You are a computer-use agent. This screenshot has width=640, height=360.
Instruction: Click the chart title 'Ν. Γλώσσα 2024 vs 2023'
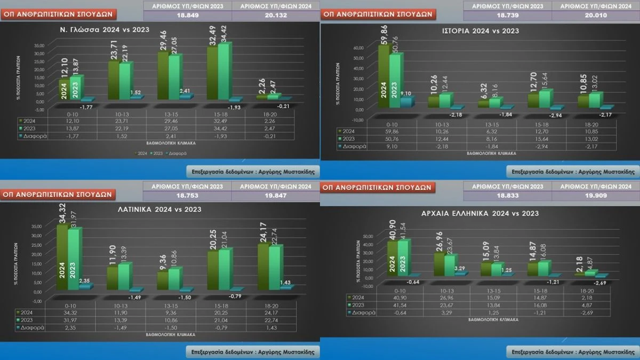(105, 29)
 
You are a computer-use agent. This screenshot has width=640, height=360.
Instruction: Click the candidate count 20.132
(276, 15)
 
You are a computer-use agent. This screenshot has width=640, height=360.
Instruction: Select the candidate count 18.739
(507, 15)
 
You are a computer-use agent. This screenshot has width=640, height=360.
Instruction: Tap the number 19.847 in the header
(276, 196)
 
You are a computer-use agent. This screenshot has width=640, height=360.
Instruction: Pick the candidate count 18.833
(507, 196)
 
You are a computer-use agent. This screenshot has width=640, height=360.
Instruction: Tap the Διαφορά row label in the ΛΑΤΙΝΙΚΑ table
(33, 327)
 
